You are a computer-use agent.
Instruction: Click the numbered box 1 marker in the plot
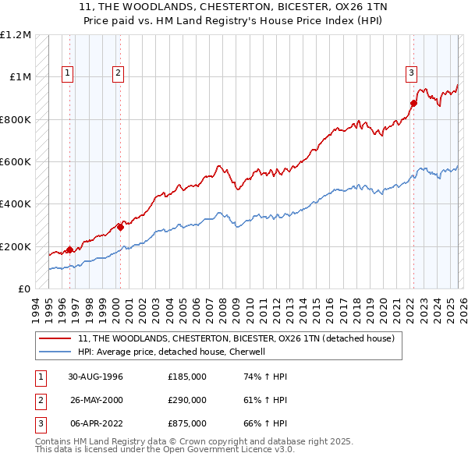[69, 74]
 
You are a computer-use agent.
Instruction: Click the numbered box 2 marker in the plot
[118, 74]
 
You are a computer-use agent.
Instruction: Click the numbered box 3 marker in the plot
[410, 74]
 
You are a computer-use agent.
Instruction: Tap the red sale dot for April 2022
[413, 102]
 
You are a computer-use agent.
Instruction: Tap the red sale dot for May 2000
[120, 227]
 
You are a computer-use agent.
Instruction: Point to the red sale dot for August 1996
[70, 249]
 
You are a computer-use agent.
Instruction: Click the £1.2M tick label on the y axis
[16, 35]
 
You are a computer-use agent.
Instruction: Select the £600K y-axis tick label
[16, 162]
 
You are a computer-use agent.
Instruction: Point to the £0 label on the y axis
[23, 289]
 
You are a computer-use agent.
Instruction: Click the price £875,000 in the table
[187, 423]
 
